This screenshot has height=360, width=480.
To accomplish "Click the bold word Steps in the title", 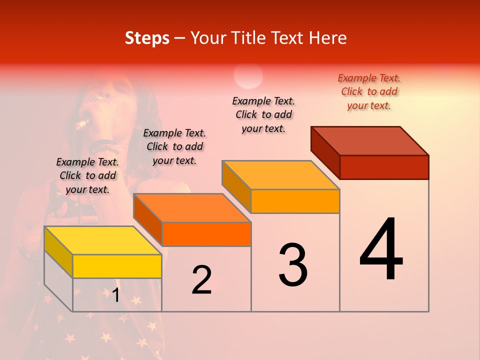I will point(147,38).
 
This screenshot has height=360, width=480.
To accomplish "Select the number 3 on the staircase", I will point(293,265).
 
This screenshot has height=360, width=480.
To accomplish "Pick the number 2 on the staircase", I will point(201,280).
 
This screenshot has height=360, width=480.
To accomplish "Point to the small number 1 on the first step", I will point(115,295).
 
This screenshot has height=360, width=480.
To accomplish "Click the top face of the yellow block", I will point(102,240).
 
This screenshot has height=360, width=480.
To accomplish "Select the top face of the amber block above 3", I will point(280,175).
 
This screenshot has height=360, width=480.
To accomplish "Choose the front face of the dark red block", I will point(384,167).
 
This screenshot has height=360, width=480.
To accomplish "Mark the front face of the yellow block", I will point(117,266).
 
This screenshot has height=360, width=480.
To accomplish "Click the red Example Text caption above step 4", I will point(369,91).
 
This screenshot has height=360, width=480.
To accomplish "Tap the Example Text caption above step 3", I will point(263,114).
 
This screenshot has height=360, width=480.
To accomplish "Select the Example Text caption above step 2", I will point(174,146).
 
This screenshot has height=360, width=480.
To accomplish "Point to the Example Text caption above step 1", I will point(87,175).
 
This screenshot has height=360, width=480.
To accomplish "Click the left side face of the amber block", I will point(236,186).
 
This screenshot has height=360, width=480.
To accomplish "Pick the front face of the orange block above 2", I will point(206,234).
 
